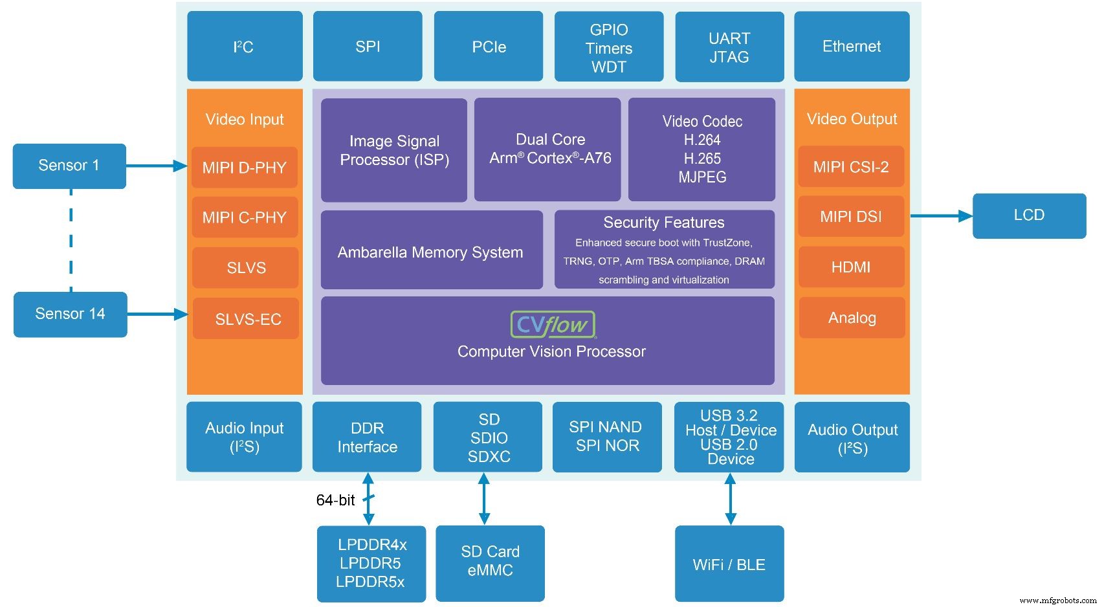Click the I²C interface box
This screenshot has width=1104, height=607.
tap(245, 46)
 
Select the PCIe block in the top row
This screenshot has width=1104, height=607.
tap(488, 46)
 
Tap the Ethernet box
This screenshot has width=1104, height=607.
tap(851, 46)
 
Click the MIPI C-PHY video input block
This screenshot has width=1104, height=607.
tap(245, 217)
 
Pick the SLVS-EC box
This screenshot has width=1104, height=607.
tap(247, 318)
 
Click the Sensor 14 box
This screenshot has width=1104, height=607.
tap(70, 314)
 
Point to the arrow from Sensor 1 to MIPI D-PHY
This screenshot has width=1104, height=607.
tap(156, 166)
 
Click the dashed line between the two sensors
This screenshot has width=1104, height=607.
tap(71, 239)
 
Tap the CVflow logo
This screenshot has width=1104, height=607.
tap(552, 325)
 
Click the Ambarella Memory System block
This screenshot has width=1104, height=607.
tap(431, 252)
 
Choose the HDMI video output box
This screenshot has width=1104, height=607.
tap(851, 267)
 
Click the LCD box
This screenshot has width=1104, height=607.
tap(1029, 215)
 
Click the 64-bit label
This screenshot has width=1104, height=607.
tap(335, 500)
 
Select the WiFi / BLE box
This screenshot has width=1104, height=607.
tap(729, 564)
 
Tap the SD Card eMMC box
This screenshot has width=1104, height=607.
tap(490, 561)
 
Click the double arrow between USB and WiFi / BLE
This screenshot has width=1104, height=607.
tap(730, 499)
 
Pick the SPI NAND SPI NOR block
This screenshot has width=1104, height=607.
tap(606, 436)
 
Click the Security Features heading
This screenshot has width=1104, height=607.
tap(663, 223)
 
